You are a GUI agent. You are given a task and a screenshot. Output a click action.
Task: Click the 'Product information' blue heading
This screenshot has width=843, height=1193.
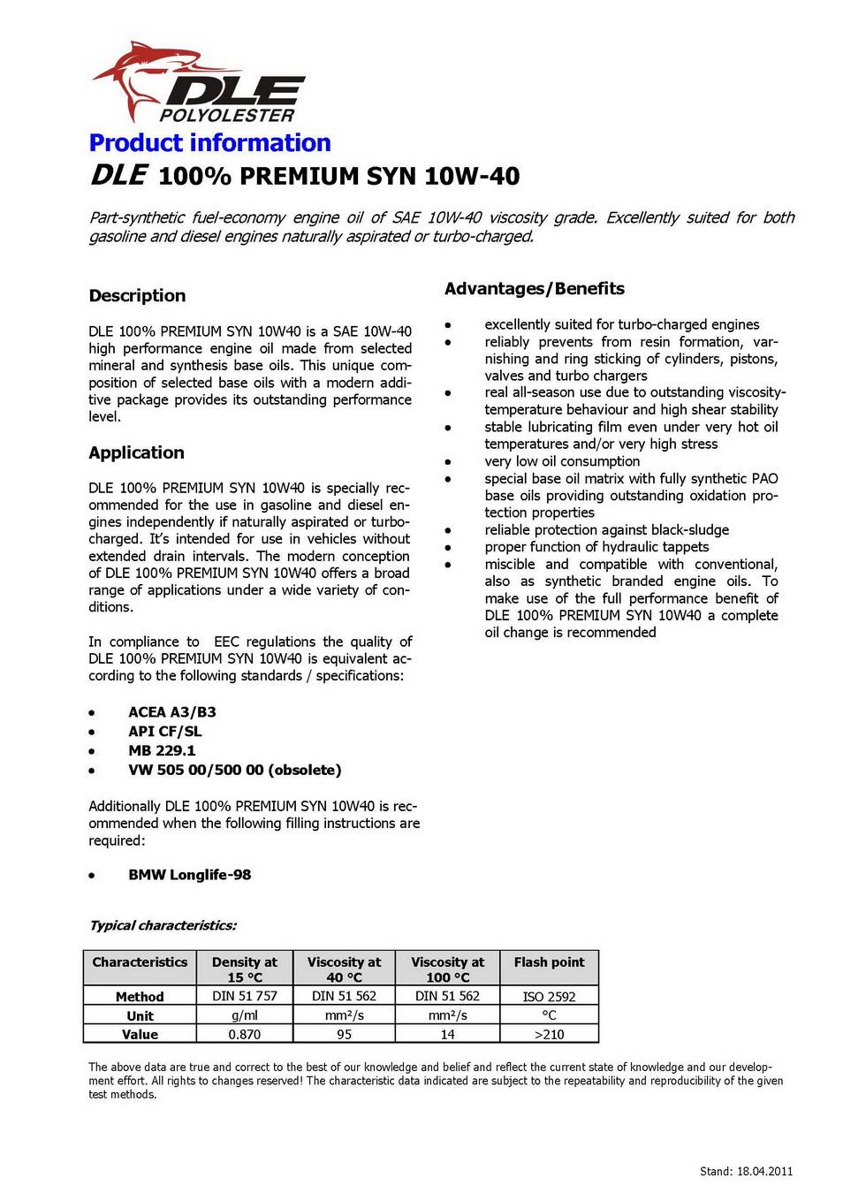click(209, 143)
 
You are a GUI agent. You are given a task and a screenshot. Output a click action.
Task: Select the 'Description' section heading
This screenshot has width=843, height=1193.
click(137, 296)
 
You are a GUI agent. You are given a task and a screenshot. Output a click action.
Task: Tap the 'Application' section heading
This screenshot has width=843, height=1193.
click(136, 452)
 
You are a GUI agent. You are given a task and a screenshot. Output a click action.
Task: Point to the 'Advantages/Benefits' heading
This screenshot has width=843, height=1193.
click(534, 289)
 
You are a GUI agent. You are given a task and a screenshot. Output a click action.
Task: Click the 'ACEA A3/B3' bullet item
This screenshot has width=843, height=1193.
click(171, 712)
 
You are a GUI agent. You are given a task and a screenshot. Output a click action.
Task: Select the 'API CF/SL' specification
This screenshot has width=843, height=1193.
click(164, 732)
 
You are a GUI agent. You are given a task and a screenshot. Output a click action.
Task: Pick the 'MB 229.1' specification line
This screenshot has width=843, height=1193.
click(162, 751)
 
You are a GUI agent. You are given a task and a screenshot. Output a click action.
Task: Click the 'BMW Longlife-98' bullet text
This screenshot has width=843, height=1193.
click(189, 875)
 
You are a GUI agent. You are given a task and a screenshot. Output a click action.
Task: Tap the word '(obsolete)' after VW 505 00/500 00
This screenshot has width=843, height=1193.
click(305, 771)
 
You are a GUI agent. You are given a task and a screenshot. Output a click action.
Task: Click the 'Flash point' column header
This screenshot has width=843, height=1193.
click(549, 962)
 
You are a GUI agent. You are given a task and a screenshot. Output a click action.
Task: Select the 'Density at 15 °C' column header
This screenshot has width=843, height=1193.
click(244, 969)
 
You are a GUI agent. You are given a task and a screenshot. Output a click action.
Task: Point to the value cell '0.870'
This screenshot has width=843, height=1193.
click(244, 1034)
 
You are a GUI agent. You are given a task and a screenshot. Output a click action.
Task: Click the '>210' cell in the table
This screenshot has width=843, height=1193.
click(549, 1034)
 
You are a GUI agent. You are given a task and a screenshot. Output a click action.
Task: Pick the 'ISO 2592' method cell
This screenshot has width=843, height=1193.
click(549, 997)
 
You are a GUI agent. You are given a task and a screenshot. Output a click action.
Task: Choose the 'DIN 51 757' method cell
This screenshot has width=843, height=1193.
click(244, 996)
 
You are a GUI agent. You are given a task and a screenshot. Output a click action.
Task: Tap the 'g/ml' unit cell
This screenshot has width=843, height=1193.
click(244, 1015)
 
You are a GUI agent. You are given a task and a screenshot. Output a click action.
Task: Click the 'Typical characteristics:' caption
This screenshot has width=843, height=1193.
click(163, 926)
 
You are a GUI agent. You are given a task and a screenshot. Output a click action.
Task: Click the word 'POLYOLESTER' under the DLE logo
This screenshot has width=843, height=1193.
click(227, 116)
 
